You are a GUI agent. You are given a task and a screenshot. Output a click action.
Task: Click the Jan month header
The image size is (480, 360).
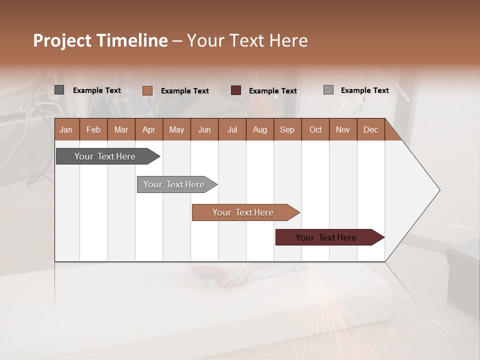(x=66, y=129)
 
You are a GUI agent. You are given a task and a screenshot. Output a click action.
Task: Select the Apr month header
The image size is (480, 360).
(x=149, y=129)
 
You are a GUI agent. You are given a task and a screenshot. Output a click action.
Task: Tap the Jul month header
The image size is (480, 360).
(x=232, y=129)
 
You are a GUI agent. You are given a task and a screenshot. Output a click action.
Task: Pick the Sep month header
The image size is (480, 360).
(x=287, y=129)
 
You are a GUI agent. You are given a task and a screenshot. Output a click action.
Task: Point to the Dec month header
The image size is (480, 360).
(x=370, y=129)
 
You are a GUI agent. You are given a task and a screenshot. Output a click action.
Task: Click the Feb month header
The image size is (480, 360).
(x=93, y=129)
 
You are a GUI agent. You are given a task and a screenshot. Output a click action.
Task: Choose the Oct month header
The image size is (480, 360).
(x=315, y=129)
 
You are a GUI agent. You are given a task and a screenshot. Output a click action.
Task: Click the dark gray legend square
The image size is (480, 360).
(x=59, y=90)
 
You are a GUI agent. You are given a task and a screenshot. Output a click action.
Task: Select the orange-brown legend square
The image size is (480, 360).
(x=147, y=90)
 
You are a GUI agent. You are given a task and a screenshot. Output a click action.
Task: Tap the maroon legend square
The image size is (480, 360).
(x=236, y=90)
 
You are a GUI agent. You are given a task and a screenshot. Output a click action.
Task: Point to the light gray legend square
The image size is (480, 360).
(x=328, y=90)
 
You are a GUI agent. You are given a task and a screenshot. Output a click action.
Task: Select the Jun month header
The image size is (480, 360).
(x=204, y=129)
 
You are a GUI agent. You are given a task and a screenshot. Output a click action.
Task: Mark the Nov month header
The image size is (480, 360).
(x=343, y=129)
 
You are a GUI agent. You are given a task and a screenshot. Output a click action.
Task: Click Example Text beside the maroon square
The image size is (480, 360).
(x=272, y=91)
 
